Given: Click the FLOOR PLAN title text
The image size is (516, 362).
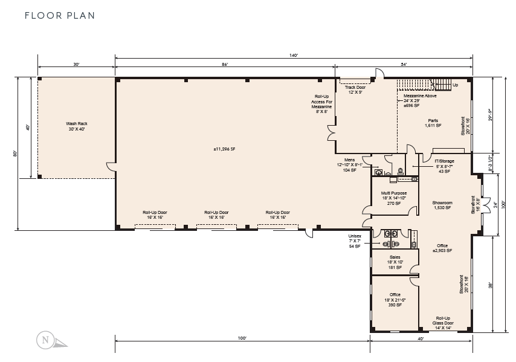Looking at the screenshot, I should click(x=60, y=15).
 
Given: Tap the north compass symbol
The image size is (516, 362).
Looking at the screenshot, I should click(x=45, y=340).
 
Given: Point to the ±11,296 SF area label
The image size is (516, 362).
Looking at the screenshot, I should click(x=224, y=149).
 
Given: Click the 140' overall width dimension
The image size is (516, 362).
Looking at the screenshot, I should click(x=294, y=55).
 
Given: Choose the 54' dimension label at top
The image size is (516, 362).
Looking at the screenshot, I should click(x=404, y=64).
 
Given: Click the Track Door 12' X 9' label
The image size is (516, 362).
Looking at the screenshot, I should click(x=355, y=89).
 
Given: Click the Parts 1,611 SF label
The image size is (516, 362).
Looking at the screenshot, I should click(x=433, y=123).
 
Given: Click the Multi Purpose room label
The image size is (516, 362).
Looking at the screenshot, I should click(x=393, y=198).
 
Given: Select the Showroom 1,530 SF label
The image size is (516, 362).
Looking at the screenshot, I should click(x=442, y=205).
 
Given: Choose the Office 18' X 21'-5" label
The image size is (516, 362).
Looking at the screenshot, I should click(x=395, y=299).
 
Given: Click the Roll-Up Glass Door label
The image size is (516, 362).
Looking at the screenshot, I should click(x=443, y=321).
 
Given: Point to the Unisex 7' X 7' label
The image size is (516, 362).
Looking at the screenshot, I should click(x=355, y=241).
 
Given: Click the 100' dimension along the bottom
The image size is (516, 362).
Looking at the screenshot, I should click(x=242, y=338).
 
